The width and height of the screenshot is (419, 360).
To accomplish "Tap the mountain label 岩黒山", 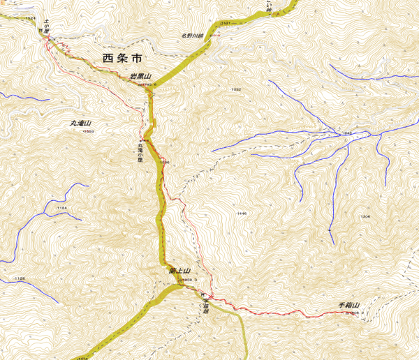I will pyautogui.click(x=140, y=76).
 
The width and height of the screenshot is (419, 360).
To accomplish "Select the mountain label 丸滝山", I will pyautogui.click(x=81, y=123).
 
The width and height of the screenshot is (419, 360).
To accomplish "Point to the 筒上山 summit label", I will pyautogui.click(x=179, y=271).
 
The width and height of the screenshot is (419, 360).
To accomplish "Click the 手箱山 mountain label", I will pyautogui.click(x=348, y=306).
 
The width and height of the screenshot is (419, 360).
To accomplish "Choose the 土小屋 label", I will pyautogui.click(x=46, y=26).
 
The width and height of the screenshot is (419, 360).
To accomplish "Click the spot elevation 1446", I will pyautogui.click(x=242, y=213).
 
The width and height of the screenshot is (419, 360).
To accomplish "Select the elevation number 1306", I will pyautogui.click(x=365, y=217).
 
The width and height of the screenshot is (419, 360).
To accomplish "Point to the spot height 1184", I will pyautogui.click(x=61, y=208).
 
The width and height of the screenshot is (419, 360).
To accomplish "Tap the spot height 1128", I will pyautogui.click(x=19, y=279).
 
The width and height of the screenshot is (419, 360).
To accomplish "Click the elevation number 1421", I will pyautogui.click(x=224, y=24).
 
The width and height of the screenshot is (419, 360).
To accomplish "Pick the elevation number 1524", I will pyautogui.click(x=29, y=18).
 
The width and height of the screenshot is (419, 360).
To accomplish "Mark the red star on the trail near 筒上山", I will pyautogui.click(x=210, y=298).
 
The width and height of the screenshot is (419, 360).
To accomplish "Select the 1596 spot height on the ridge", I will pyautogui.click(x=165, y=162).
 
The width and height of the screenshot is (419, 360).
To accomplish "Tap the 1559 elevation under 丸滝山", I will pyautogui.click(x=88, y=131).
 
